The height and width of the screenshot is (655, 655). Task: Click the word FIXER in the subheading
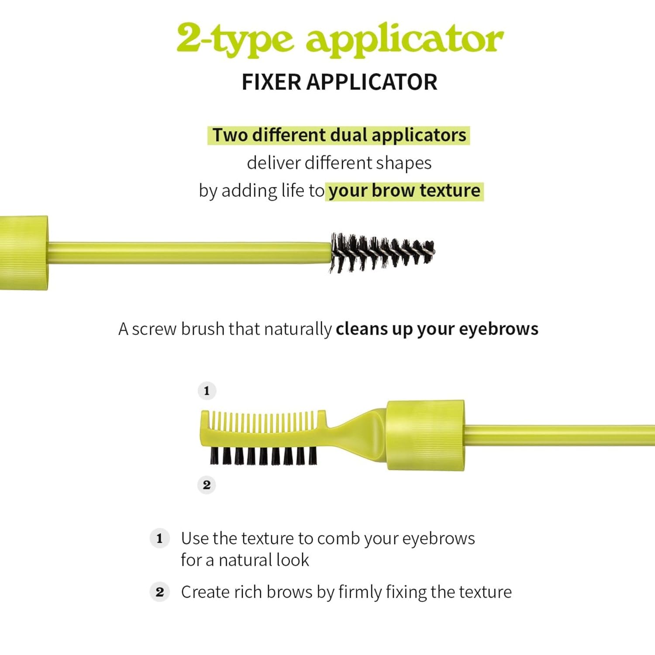pyautogui.click(x=271, y=82)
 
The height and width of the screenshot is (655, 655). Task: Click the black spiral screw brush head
pyautogui.click(x=382, y=252)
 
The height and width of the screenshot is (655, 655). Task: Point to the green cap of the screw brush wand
pyautogui.click(x=24, y=252)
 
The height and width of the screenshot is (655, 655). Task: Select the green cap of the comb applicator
pyautogui.click(x=425, y=435)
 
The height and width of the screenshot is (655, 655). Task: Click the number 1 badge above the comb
pyautogui.click(x=207, y=390)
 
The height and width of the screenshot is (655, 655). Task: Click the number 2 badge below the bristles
pyautogui.click(x=207, y=485)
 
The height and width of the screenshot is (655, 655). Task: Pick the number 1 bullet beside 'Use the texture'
pyautogui.click(x=159, y=538)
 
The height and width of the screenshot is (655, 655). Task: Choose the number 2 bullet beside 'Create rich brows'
pyautogui.click(x=159, y=592)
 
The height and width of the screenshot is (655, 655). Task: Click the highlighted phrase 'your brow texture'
pyautogui.click(x=404, y=191)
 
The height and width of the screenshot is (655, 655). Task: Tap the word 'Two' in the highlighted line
pyautogui.click(x=230, y=135)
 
